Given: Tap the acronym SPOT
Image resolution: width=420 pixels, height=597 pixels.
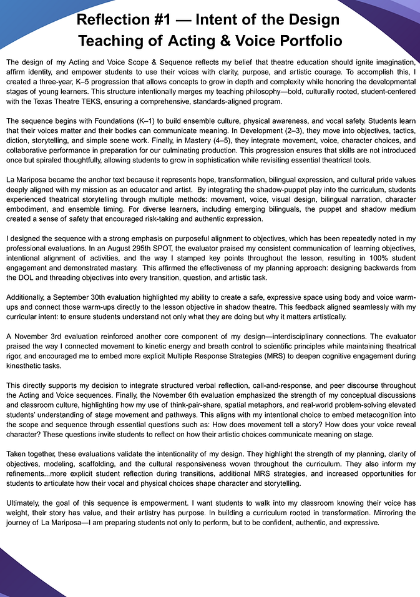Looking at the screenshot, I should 200,248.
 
